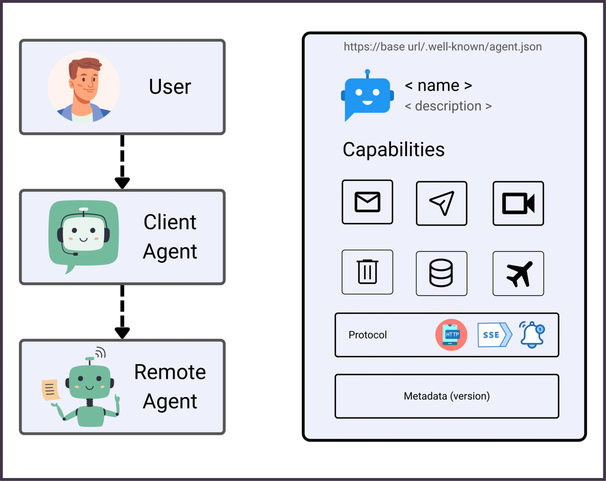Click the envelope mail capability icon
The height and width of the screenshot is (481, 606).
click(367, 202)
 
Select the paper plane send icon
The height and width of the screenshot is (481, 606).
click(441, 203)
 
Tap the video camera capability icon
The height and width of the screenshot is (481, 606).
click(518, 203)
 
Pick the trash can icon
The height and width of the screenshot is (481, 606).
click(367, 272)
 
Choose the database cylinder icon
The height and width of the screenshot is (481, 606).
click(441, 273)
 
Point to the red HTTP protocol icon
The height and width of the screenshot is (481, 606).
click(451, 335)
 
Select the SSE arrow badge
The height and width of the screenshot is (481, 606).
click(494, 335)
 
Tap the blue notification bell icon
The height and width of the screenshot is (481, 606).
click(531, 335)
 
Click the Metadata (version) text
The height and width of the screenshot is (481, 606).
click(447, 396)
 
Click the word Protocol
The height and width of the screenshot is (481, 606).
click(367, 335)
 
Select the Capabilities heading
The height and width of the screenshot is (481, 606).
click(393, 150)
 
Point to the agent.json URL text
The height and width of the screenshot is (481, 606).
click(442, 47)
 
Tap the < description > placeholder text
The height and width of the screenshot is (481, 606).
click(448, 106)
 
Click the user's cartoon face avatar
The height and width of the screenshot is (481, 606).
click(84, 87)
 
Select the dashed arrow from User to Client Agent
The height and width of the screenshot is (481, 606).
click(122, 162)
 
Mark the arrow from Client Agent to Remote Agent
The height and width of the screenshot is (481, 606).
click(122, 312)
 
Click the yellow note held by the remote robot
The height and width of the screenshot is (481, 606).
click(50, 390)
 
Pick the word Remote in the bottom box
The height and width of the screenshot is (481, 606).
click(170, 372)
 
